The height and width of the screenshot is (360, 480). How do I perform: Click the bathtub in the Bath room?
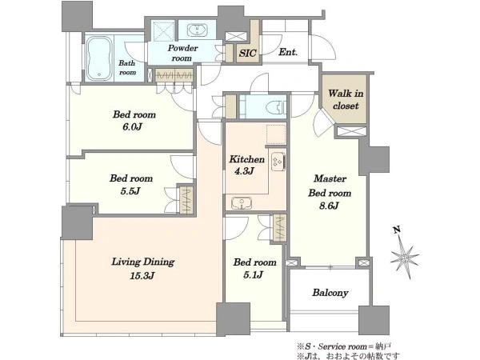[99, 58]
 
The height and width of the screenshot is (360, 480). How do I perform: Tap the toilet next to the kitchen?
[277, 107]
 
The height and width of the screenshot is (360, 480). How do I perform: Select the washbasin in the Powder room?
[198, 30]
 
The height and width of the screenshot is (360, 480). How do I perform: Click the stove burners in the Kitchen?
[278, 161]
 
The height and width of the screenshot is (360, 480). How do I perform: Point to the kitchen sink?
[242, 203]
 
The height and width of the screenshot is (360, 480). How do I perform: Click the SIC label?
[248, 53]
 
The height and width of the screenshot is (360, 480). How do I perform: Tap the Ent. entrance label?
[288, 52]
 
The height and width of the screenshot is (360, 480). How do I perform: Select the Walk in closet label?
[346, 99]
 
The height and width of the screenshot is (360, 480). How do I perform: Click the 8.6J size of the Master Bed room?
[329, 206]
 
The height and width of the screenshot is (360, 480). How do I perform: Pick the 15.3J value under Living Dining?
[142, 276]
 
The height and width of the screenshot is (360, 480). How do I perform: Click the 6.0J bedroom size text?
[132, 126]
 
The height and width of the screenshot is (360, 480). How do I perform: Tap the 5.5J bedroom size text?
[130, 191]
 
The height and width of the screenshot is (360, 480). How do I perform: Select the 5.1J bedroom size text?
[253, 275]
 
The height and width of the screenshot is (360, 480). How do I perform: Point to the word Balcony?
[330, 293]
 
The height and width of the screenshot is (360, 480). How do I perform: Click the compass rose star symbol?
[405, 258]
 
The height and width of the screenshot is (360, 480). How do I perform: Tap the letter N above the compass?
[397, 230]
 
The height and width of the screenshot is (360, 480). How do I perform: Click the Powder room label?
[182, 53]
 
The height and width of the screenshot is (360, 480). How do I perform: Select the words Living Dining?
[142, 262]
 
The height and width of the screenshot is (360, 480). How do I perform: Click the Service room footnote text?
[344, 347]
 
